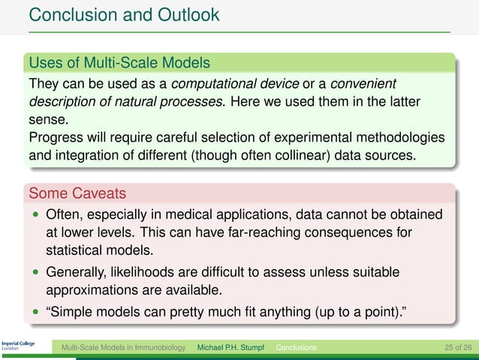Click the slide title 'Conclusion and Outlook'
coord(124,14)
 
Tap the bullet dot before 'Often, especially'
coord(35,215)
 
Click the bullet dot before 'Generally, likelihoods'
coord(35,272)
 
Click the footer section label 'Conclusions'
coord(296,348)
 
